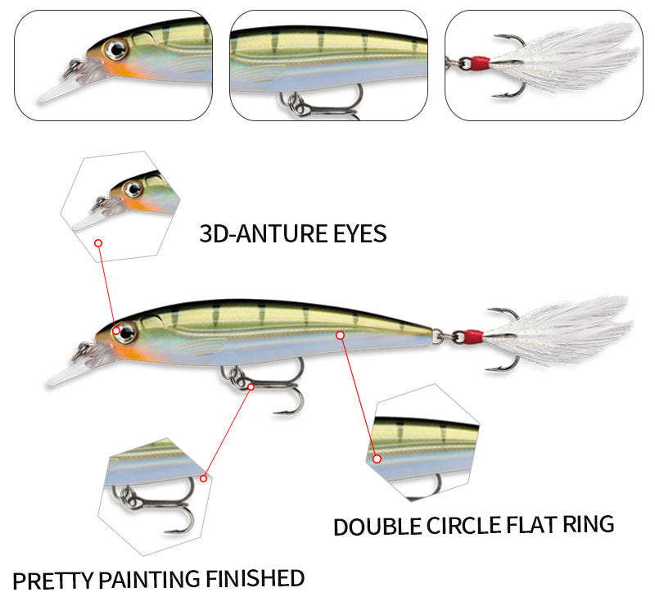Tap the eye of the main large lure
pos(124,332)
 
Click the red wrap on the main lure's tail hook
pos(473,336)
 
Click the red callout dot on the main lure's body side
pos(341,334)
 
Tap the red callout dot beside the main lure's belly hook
pos(251,385)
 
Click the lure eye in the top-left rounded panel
pos(116,50)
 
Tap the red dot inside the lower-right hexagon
pos(377,459)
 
